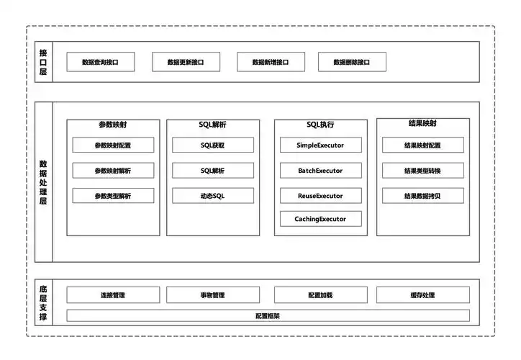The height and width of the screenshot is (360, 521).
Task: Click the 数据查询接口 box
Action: coord(101,63)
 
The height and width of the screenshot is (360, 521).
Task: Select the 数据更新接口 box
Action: coord(186,63)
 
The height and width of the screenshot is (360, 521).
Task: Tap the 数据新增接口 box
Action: coord(271,63)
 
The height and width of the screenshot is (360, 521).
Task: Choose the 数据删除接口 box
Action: coord(352,63)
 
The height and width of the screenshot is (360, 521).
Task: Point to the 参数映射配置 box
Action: coord(113,145)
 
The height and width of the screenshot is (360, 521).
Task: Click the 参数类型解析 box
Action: coord(113,196)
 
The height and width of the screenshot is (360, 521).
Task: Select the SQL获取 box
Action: coord(212,145)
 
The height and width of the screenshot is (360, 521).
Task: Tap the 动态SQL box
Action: coord(212,196)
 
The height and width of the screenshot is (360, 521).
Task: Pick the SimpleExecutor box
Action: coord(320,145)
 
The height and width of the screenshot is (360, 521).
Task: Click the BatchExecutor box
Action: coord(320,171)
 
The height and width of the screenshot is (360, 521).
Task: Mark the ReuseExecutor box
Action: coord(320,196)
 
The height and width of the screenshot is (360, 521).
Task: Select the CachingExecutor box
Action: coord(320,219)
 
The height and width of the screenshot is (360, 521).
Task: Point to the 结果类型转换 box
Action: coord(422,171)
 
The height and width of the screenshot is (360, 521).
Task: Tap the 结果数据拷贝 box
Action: coord(422,196)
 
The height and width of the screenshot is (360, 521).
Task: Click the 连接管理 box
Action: coord(113,295)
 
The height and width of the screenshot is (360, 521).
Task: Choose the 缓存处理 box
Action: coord(422,295)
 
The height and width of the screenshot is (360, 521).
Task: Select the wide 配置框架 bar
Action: coord(268,315)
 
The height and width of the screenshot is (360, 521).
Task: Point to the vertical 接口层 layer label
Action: coord(43,63)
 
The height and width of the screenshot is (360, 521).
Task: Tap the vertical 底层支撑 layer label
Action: coord(43,302)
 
